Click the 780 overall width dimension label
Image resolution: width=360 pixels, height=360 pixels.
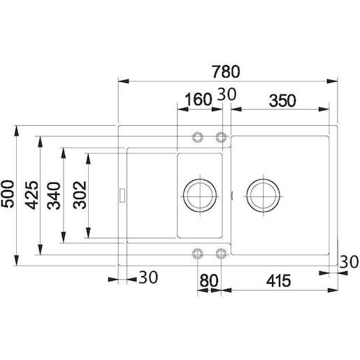(x=226, y=71)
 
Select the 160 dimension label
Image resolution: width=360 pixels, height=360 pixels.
(x=199, y=99)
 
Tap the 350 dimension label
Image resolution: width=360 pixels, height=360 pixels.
(x=282, y=101)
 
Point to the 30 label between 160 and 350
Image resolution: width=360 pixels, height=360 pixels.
(x=226, y=94)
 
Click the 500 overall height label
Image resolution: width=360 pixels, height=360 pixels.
(x=8, y=194)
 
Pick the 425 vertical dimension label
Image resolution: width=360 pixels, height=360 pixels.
(x=31, y=195)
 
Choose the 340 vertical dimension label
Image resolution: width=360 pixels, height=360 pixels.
(x=54, y=196)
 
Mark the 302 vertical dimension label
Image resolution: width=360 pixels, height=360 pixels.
(x=80, y=195)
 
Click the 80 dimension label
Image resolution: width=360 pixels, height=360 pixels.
(x=209, y=281)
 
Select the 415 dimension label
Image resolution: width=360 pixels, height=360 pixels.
(x=278, y=281)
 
